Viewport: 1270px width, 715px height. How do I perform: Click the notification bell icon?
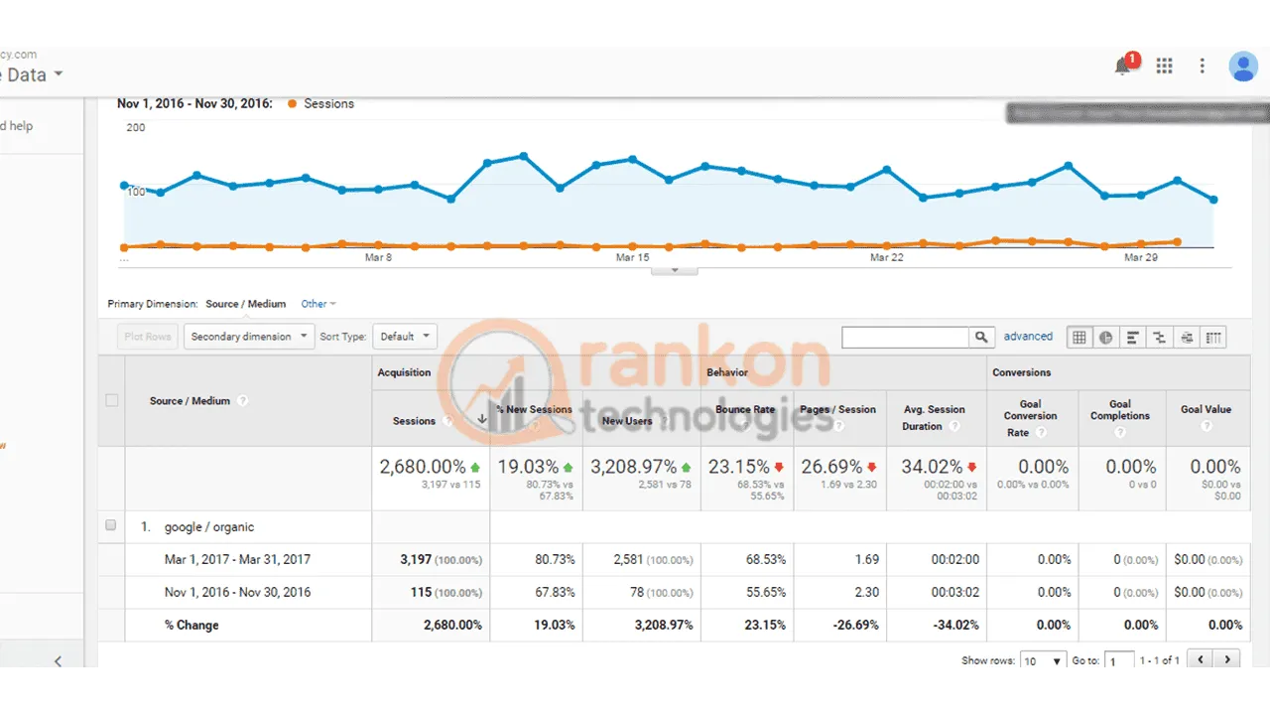(x=1123, y=67)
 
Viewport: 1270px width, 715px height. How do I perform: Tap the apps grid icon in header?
(x=1164, y=66)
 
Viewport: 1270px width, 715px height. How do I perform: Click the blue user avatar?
(x=1242, y=67)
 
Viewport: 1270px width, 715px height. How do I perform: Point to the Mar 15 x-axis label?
(x=632, y=257)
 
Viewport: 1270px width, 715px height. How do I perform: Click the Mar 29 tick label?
(x=1140, y=257)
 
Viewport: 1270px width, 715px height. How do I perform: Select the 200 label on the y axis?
(x=136, y=127)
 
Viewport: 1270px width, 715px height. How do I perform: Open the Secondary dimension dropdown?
(x=248, y=337)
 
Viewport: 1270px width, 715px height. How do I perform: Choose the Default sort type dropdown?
(x=404, y=337)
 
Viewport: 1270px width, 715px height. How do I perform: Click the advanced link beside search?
(x=1028, y=337)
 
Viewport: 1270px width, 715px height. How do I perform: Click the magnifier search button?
(x=981, y=338)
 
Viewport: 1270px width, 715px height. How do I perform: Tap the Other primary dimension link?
(x=318, y=304)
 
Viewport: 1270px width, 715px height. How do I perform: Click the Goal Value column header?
(x=1206, y=409)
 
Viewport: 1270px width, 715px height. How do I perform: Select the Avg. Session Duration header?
(x=933, y=418)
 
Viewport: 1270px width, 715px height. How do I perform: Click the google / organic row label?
(x=209, y=527)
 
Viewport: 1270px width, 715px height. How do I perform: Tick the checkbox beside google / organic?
(x=111, y=525)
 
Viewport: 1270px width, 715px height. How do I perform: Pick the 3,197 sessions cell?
(x=416, y=560)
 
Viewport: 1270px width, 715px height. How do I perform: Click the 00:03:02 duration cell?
(x=955, y=593)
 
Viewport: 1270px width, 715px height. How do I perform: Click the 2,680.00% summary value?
(x=423, y=467)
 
